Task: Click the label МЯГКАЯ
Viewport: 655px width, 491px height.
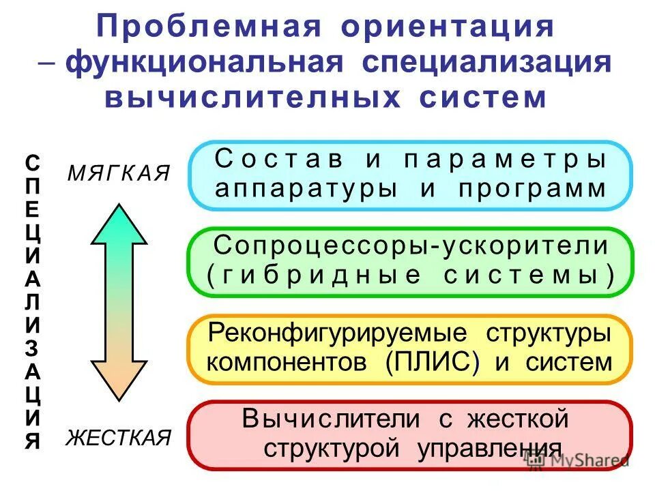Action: click(x=118, y=173)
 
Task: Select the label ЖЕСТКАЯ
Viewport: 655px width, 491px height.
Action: click(x=118, y=438)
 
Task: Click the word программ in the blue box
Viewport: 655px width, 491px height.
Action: click(x=532, y=188)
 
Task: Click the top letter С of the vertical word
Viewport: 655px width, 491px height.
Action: click(x=32, y=162)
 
